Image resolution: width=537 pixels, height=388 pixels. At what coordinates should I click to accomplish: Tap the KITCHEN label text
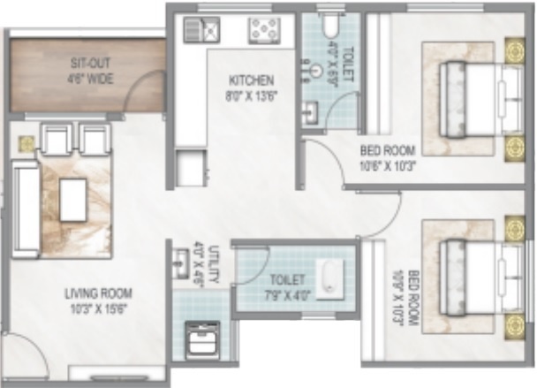[x=252, y=80]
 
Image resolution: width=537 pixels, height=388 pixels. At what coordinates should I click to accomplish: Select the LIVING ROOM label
[x=97, y=293]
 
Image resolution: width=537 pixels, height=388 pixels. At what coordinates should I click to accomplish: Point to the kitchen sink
[x=200, y=31]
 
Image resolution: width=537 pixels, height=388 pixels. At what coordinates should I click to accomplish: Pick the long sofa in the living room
[x=26, y=210]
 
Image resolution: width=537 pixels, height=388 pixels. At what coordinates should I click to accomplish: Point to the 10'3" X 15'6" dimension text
[x=97, y=309]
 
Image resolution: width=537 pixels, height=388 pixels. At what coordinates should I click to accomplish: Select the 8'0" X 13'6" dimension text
[x=252, y=95]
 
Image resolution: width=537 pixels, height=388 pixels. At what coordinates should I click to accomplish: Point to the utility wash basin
[x=183, y=261]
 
